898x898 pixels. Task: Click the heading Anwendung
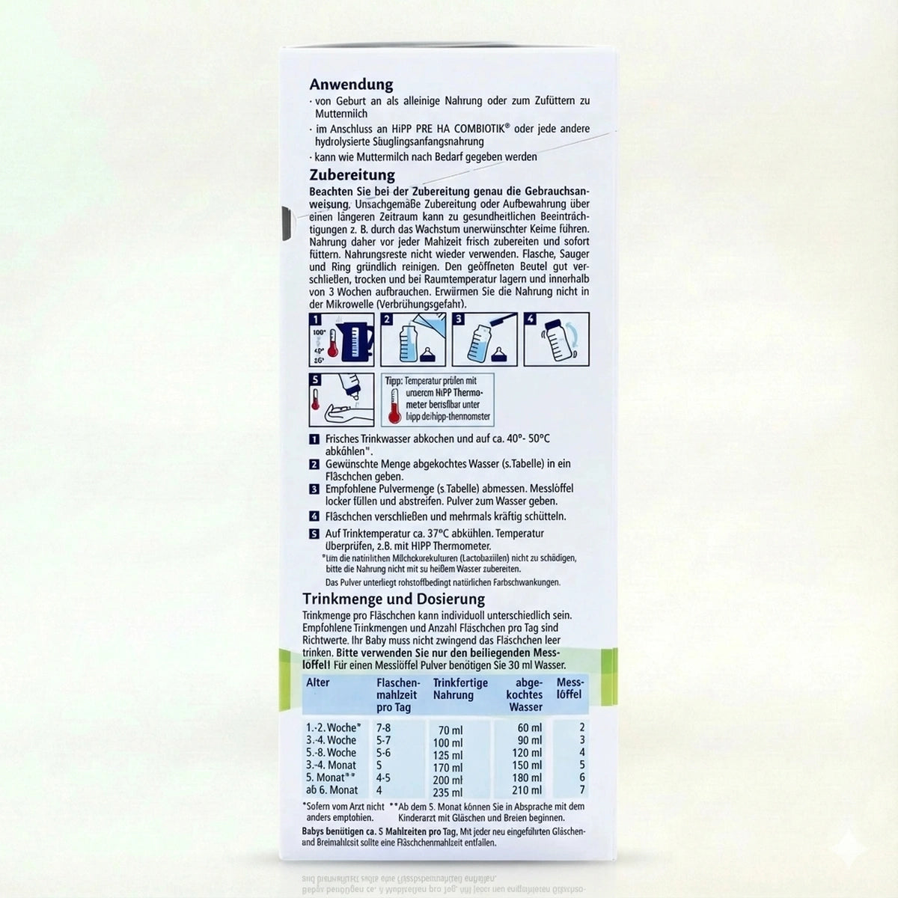pos(351,85)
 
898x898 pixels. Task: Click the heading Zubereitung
pos(352,175)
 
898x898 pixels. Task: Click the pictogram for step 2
pos(408,339)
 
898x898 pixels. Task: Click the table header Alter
pos(318,682)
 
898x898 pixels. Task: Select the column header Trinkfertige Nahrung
pos(460,689)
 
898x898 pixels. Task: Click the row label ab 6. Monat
pos(332,790)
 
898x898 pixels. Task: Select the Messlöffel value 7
pos(581,790)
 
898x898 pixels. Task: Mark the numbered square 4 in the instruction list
pos(314,516)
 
